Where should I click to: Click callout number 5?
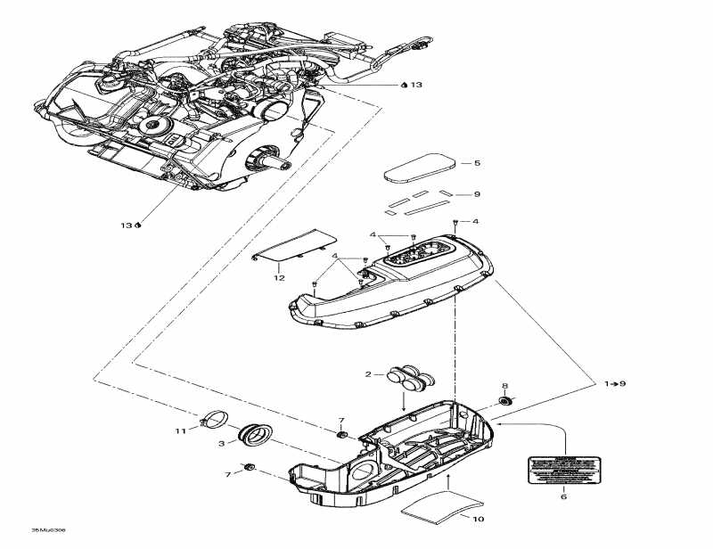477,163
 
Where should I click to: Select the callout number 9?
477,194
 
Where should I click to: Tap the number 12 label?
278,278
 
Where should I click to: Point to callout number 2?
368,374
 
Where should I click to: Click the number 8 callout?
505,387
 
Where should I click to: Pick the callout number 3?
221,442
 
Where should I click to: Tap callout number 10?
478,519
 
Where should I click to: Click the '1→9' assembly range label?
615,383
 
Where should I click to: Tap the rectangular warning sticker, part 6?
562,469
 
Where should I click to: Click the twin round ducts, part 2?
408,378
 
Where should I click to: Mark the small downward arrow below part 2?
403,403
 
